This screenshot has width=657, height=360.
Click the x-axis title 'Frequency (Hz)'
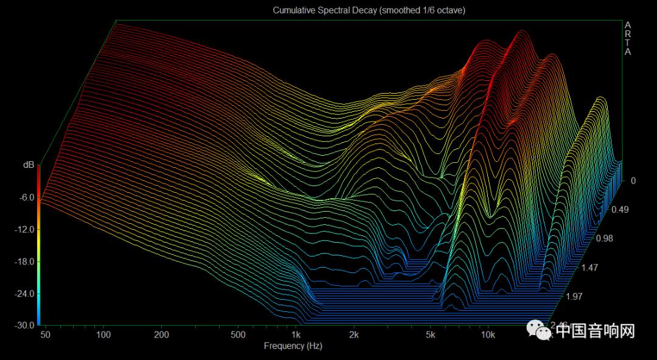click(293, 346)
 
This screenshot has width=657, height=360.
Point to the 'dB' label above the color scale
click(28, 165)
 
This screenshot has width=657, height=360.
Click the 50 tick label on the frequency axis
click(46, 335)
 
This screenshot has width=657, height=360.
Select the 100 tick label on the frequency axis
click(103, 335)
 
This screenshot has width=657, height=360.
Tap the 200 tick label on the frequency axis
click(161, 335)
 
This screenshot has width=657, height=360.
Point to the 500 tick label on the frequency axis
click(238, 335)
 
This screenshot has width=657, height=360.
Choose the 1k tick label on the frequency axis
click(296, 335)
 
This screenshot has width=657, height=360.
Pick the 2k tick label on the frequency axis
click(354, 335)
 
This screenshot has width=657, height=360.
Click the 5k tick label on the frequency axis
click(431, 335)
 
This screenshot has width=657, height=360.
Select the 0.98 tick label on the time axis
click(604, 238)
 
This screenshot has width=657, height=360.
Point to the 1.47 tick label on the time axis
click(589, 267)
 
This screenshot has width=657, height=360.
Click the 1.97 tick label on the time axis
click(575, 296)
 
